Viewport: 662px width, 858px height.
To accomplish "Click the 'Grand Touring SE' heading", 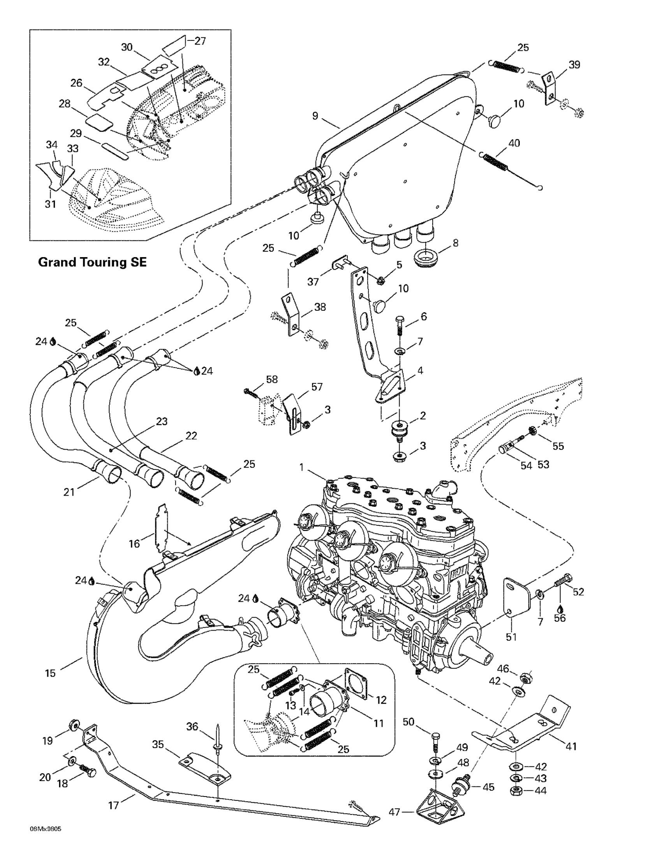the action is (92, 262).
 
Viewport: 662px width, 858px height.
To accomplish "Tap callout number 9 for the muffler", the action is (315, 116).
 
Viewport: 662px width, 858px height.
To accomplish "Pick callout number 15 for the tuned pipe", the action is (50, 673).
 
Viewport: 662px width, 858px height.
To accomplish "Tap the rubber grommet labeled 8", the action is (426, 257).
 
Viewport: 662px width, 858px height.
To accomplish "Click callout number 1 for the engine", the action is (301, 467).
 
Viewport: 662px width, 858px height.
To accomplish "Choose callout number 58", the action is (271, 380).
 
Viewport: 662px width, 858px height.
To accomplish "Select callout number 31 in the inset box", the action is (50, 204).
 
